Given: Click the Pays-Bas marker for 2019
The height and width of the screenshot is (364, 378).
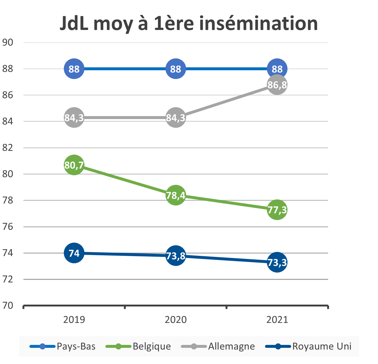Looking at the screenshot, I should click(74, 69).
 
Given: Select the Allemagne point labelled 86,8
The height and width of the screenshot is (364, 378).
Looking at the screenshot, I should click(277, 85).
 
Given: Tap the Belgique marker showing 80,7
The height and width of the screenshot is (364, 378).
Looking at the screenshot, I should click(74, 165).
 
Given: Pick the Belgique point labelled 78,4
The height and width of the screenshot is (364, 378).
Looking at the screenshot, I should click(175, 195).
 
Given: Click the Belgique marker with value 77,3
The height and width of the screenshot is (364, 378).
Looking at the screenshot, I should click(277, 210).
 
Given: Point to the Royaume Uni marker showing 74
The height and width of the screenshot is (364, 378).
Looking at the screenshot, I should click(74, 253).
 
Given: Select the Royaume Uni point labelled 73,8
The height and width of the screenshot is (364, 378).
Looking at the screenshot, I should click(175, 256).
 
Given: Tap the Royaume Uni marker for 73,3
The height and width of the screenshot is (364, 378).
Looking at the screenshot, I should click(277, 262).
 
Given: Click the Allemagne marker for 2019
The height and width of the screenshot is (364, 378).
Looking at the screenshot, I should click(74, 117).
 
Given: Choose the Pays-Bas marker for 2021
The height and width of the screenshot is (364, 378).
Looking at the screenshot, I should click(277, 69).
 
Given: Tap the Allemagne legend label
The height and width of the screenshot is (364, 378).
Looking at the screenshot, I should click(231, 346).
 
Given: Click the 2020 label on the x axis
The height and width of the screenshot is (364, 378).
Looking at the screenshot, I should click(175, 320).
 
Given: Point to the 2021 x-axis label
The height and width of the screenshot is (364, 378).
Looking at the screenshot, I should click(277, 320).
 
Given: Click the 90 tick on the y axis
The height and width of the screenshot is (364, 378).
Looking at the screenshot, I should click(8, 42).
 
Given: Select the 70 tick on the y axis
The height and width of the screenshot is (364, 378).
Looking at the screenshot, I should click(8, 306).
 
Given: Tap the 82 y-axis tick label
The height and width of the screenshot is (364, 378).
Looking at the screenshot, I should click(8, 148).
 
